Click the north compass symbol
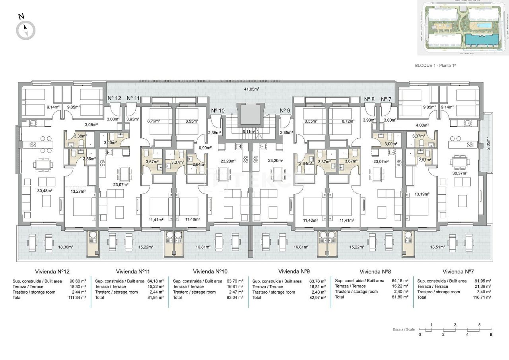coord(25,30)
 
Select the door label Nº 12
coord(114,98)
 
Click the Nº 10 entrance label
coord(218,110)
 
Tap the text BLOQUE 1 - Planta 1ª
coord(435,66)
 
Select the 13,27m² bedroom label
coord(78,191)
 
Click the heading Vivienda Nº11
coord(133,272)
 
